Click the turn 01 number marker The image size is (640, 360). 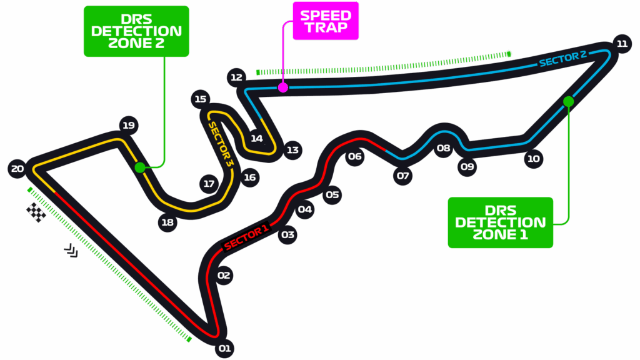coord(224,348)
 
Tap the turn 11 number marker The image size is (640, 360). coord(621,43)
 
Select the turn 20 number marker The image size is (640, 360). coord(17,168)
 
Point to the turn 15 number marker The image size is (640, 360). coord(200,99)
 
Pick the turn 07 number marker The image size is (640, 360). coord(402,176)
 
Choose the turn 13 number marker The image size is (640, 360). coord(292,150)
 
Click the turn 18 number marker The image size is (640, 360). coord(167,222)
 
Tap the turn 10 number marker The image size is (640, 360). coord(533,159)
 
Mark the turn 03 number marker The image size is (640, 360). coord(287,235)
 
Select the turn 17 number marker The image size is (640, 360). coord(209,184)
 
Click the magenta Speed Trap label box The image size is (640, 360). coord(326,21)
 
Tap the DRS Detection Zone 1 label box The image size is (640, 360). coord(501,222)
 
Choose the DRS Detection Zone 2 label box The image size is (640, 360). coord(136,31)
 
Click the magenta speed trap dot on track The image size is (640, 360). coord(283,87)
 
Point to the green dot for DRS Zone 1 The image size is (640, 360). coord(568,101)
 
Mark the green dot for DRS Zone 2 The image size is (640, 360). coord(140,167)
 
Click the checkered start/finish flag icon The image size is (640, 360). coord(36,212)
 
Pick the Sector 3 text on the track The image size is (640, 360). coord(221,144)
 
